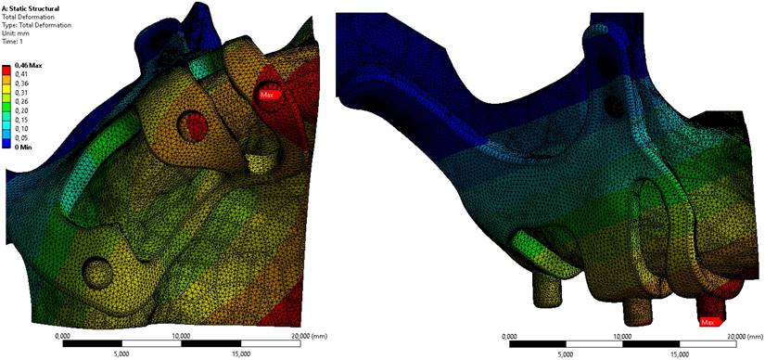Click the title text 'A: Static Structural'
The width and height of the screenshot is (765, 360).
[x=31, y=9]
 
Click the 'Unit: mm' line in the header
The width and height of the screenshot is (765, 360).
[x=16, y=33]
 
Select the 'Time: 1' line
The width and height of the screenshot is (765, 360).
[x=14, y=42]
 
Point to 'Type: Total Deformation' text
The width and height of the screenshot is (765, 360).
[x=37, y=25]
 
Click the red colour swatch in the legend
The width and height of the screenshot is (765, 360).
[x=8, y=70]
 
